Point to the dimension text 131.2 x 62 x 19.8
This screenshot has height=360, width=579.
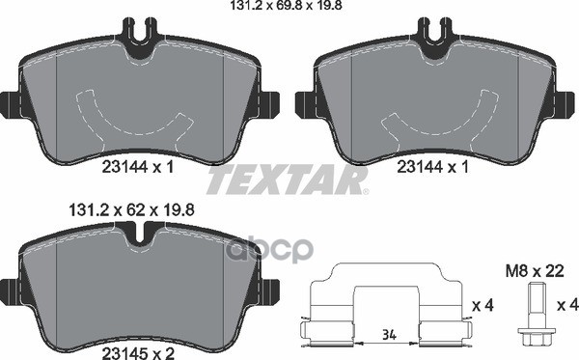132,210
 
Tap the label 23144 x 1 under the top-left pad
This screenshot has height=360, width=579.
137,167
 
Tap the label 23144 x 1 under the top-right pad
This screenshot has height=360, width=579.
432,167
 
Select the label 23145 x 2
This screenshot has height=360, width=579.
138,354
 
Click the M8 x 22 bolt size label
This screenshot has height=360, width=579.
535,272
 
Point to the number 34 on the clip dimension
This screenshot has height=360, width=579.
389,335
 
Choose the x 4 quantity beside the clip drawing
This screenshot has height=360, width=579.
482,306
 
